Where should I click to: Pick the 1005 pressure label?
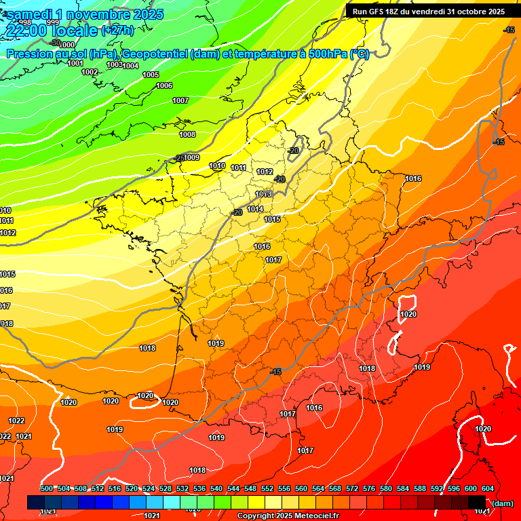pyautogui.click(x=151, y=75)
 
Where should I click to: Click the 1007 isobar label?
pyautogui.click(x=180, y=100)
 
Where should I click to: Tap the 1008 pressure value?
pyautogui.click(x=187, y=134)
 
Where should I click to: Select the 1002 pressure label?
pyautogui.click(x=90, y=72)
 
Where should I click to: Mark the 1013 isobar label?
pyautogui.click(x=263, y=194)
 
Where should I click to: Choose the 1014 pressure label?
pyautogui.click(x=255, y=209)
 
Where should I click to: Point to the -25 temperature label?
pyautogui.click(x=179, y=157)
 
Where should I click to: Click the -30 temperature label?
pyautogui.click(x=55, y=43)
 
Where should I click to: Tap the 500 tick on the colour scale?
pyautogui.click(x=47, y=488)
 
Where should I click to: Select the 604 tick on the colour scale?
pyautogui.click(x=487, y=488)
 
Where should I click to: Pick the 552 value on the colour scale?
pyautogui.click(x=267, y=488)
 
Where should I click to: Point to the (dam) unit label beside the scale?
pyautogui.click(x=501, y=503)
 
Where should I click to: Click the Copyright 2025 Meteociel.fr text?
pyautogui.click(x=288, y=516)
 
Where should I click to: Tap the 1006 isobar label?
pyautogui.click(x=164, y=85)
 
